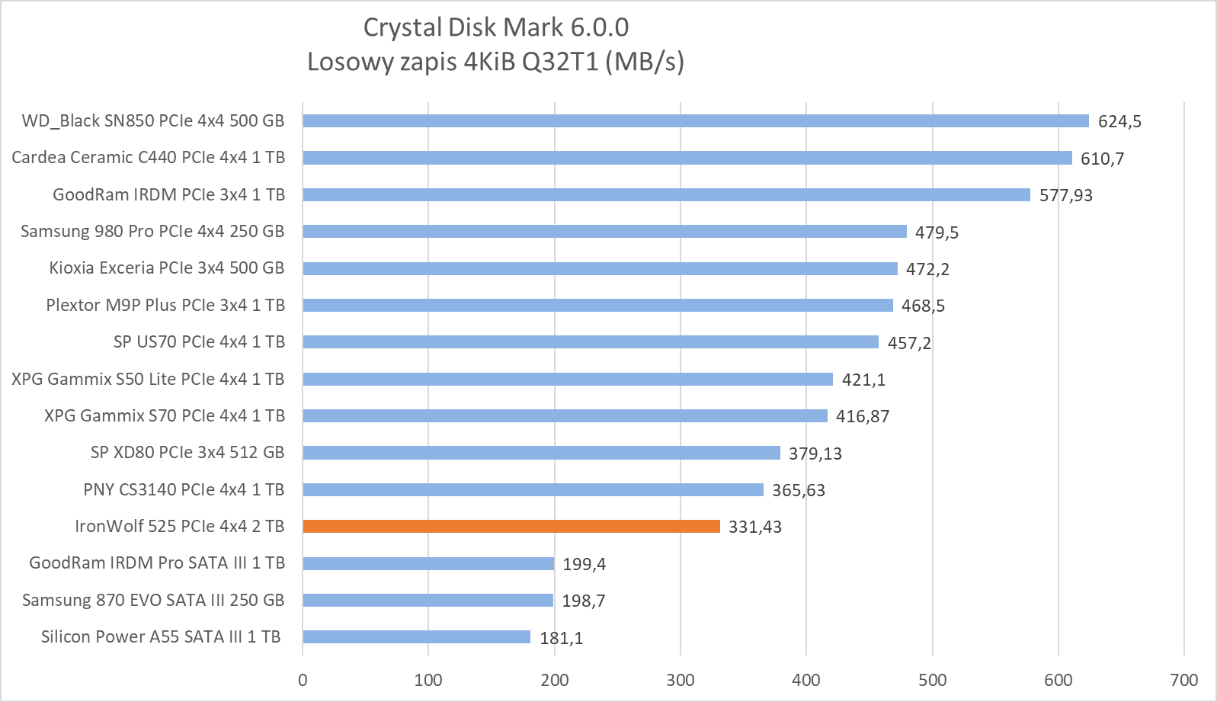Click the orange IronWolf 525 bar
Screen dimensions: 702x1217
click(511, 526)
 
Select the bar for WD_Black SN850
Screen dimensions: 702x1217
click(695, 120)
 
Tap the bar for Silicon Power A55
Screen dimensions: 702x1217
click(416, 636)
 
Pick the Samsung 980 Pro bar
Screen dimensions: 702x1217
click(604, 231)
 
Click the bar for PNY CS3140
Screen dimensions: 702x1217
click(533, 489)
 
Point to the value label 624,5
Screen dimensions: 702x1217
click(1119, 121)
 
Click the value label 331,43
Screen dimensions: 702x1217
click(754, 527)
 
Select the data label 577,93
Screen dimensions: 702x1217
click(1065, 195)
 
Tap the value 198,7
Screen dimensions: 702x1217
click(583, 601)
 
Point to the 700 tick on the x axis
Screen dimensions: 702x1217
click(1183, 680)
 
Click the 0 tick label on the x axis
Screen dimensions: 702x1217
click(303, 680)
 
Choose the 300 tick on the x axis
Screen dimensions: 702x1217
click(680, 680)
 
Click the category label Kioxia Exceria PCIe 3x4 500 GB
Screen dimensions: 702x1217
click(166, 268)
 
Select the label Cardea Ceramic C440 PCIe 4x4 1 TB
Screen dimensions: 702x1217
click(148, 157)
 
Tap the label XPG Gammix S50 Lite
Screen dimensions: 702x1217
click(148, 379)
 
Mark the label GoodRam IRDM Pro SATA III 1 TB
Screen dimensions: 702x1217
click(157, 563)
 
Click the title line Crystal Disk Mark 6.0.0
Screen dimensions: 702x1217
click(495, 27)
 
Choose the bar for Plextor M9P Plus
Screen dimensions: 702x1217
click(597, 305)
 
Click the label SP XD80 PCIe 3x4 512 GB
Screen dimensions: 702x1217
click(187, 452)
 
